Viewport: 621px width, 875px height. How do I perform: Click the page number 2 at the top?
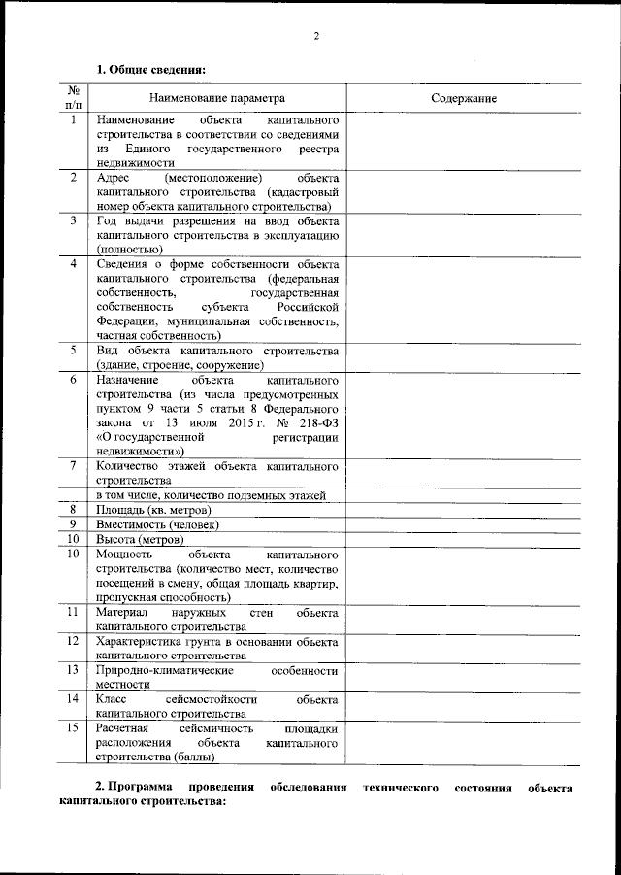pyautogui.click(x=316, y=37)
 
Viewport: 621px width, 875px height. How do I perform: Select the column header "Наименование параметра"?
pyautogui.click(x=217, y=98)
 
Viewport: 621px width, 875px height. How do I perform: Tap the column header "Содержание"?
pyautogui.click(x=464, y=98)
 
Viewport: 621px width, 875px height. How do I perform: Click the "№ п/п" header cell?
pyautogui.click(x=74, y=97)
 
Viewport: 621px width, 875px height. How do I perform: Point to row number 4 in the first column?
pyautogui.click(x=74, y=264)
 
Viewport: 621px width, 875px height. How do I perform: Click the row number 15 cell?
pyautogui.click(x=74, y=727)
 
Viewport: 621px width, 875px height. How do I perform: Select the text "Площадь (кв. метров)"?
pyautogui.click(x=153, y=510)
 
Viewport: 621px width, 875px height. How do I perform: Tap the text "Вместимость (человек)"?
pyautogui.click(x=157, y=524)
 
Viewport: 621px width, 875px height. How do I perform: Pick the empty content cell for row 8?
pyautogui.click(x=464, y=510)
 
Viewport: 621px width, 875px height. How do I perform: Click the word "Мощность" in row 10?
pyautogui.click(x=122, y=554)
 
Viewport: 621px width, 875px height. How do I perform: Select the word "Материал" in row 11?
pyautogui.click(x=121, y=614)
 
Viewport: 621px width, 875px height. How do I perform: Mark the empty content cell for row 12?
pyautogui.click(x=464, y=647)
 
